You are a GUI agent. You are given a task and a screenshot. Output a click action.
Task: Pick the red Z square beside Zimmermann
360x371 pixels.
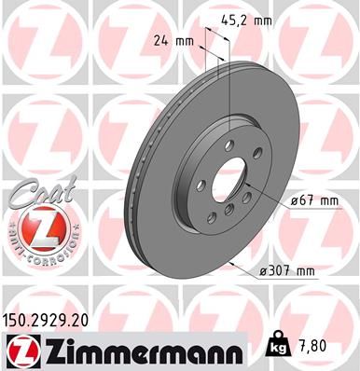[20, 350]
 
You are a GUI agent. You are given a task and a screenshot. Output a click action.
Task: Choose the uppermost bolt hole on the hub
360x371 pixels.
[228, 143]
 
